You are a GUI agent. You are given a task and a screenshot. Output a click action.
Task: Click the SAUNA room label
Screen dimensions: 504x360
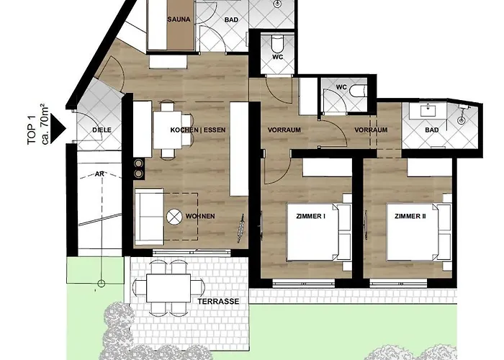point(179,19)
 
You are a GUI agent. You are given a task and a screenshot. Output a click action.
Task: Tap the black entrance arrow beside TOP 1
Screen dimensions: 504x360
point(58,128)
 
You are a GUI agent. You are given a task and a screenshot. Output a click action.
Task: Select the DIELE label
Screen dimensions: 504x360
point(102,130)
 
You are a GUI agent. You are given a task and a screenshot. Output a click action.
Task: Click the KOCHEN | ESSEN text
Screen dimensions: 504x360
point(198,130)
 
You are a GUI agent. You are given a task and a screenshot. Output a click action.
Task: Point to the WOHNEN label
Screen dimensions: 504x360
point(200,216)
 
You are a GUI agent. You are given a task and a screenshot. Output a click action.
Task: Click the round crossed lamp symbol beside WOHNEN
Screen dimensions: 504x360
point(174,216)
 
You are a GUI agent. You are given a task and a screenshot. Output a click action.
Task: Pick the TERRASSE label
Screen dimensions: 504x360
point(218,302)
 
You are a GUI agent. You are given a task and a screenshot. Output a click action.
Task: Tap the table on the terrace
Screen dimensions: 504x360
point(168,288)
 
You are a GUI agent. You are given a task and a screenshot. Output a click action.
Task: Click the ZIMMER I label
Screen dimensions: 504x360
point(310,216)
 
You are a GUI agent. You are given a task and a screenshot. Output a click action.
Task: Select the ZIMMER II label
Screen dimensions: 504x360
point(410,216)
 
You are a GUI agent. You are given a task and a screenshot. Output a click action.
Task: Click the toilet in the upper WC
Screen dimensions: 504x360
point(276,45)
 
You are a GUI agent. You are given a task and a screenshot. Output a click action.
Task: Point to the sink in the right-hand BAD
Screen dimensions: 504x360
point(428,111)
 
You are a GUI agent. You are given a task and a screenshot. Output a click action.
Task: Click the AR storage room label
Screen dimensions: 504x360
point(99,174)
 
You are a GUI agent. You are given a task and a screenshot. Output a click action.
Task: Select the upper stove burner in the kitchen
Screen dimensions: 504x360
point(138,163)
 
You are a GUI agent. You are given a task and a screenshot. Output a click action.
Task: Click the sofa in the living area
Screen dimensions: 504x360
point(150,217)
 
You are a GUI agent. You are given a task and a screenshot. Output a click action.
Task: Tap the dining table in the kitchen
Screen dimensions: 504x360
point(168,130)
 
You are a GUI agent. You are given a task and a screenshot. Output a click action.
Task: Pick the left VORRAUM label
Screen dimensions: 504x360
point(284,130)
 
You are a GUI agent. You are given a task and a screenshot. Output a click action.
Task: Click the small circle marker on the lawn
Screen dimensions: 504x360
point(102,284)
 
